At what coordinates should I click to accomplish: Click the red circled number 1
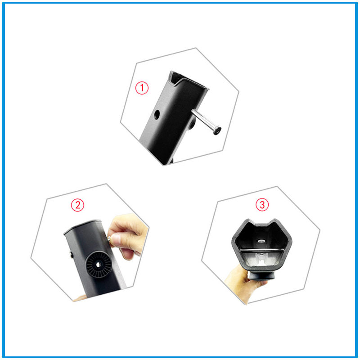(x=142, y=88)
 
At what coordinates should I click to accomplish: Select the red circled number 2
(x=77, y=205)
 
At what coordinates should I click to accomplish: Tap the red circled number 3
(x=262, y=204)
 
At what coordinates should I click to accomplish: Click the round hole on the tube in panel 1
(x=157, y=115)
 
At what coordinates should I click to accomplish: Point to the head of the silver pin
(x=217, y=130)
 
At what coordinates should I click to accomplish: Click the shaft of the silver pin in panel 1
(x=203, y=120)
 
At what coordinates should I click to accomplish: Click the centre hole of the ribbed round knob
(x=98, y=265)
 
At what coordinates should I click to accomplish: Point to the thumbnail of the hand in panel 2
(x=115, y=240)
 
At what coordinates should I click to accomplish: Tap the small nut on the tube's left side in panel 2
(x=72, y=255)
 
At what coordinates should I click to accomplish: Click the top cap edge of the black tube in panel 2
(x=83, y=225)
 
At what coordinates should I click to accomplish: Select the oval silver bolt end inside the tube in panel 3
(x=261, y=241)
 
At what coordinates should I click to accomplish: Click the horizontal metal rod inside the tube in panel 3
(x=262, y=250)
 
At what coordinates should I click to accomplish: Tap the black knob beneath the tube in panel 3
(x=262, y=275)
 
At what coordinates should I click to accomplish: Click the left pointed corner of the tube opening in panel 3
(x=249, y=221)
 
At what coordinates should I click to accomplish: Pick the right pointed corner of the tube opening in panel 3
(x=275, y=220)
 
